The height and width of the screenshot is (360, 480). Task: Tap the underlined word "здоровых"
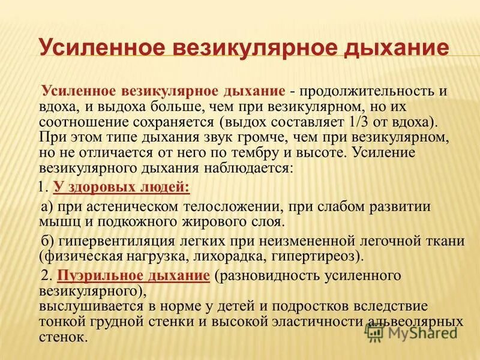pos(99,187)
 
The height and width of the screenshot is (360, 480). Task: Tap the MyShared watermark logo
pos(414,331)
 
